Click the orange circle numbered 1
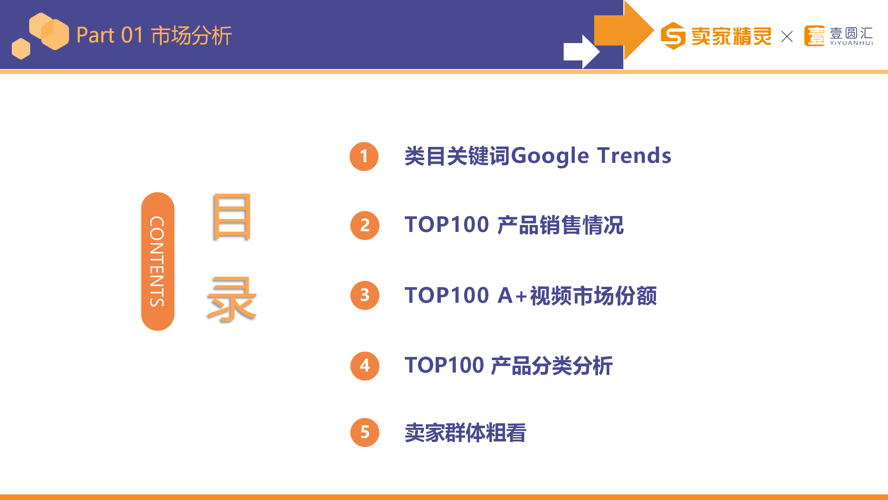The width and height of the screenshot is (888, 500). click(x=364, y=156)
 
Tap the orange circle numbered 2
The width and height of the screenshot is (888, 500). click(x=365, y=225)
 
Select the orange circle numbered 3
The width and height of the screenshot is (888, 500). click(x=365, y=295)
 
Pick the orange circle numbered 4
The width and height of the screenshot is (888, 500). click(x=365, y=366)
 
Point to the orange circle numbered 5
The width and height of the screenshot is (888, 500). click(x=365, y=432)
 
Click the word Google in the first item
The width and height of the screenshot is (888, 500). click(x=550, y=156)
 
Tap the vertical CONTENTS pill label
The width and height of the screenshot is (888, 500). click(x=157, y=261)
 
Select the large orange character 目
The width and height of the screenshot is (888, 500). click(x=232, y=217)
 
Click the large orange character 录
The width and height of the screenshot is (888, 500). click(x=232, y=299)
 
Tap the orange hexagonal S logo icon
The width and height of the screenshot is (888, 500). click(x=673, y=36)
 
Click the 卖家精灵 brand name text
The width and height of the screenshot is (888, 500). click(x=731, y=36)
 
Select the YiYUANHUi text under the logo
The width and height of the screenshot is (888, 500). click(x=851, y=43)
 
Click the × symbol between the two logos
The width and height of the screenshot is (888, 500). click(x=787, y=36)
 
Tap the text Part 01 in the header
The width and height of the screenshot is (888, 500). click(x=110, y=35)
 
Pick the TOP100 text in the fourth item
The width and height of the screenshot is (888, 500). click(x=444, y=365)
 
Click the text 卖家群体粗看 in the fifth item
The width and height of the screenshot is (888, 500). click(x=466, y=433)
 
